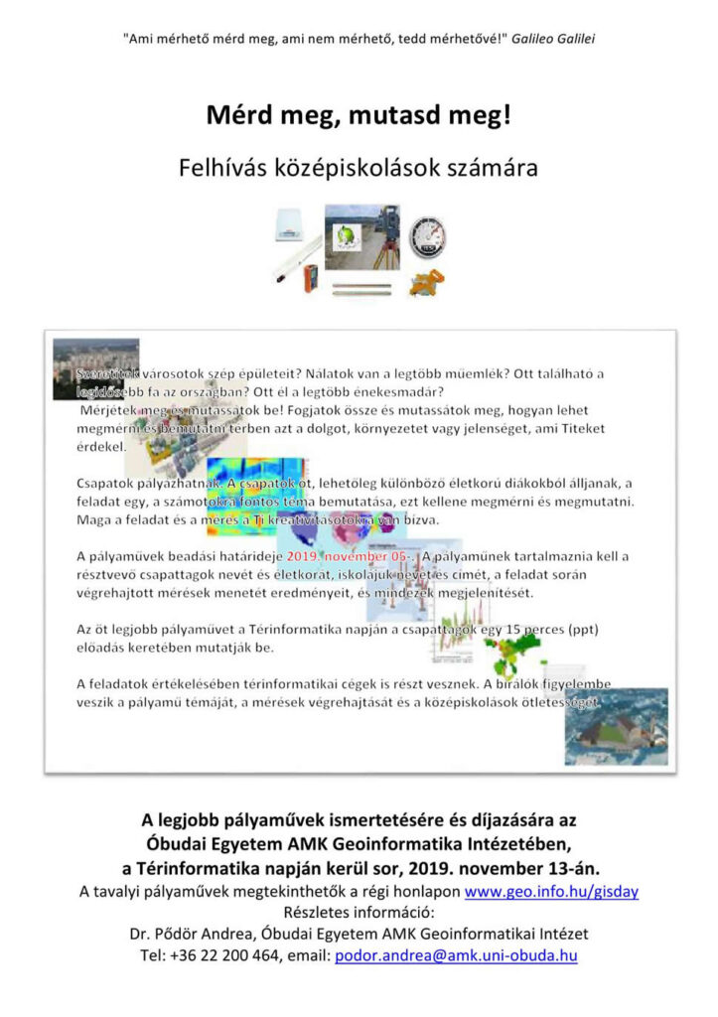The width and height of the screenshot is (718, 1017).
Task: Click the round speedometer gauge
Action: click(427, 238)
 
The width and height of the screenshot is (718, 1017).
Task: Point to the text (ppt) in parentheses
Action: click(587, 632)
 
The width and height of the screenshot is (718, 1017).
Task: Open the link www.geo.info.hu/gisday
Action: click(551, 891)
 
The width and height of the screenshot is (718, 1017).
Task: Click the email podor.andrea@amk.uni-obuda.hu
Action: click(456, 954)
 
